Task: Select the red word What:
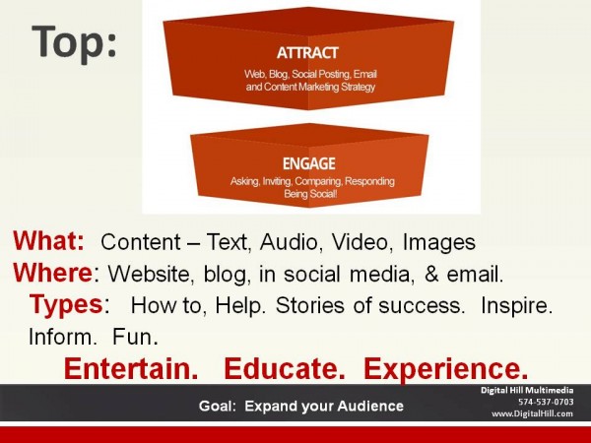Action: point(51,241)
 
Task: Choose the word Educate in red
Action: point(288,368)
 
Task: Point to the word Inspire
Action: point(516,305)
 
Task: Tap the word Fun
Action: point(134,337)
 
